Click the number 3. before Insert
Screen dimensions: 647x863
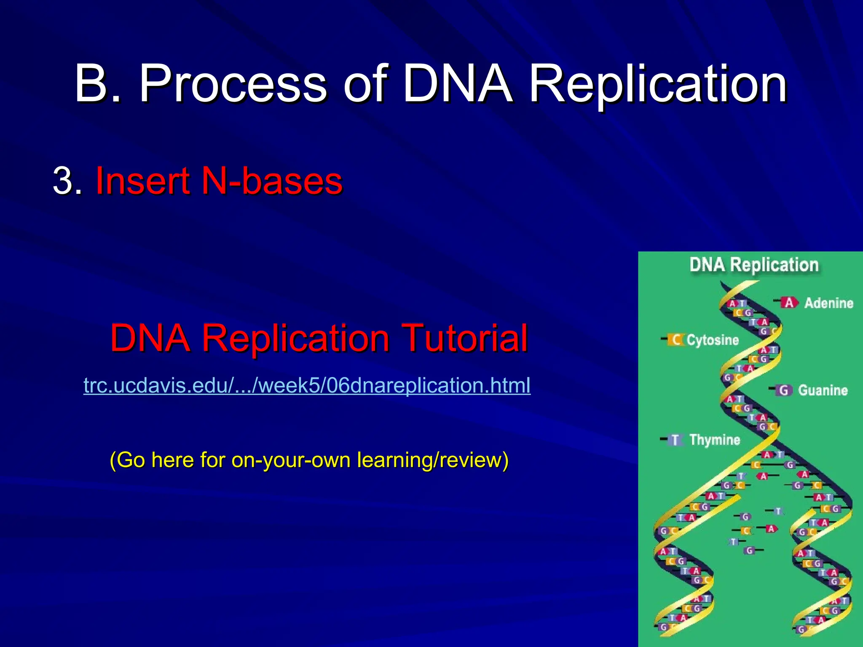coord(67,181)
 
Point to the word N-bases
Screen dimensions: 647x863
coord(272,181)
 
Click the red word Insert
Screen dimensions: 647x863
coord(142,181)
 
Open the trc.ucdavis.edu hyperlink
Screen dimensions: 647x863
coord(307,385)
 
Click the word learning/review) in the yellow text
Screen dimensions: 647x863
coord(432,460)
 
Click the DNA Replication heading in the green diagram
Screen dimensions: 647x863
coord(754,265)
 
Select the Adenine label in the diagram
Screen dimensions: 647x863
coord(828,303)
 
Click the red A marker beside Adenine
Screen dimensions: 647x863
coord(789,302)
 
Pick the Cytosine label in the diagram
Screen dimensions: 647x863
coord(713,340)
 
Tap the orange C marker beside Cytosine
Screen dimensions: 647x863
coord(676,340)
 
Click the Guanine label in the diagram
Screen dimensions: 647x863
coord(823,390)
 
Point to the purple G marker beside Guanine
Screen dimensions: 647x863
coord(783,390)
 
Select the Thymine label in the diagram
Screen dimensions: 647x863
coord(715,440)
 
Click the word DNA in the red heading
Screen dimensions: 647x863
coord(150,338)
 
